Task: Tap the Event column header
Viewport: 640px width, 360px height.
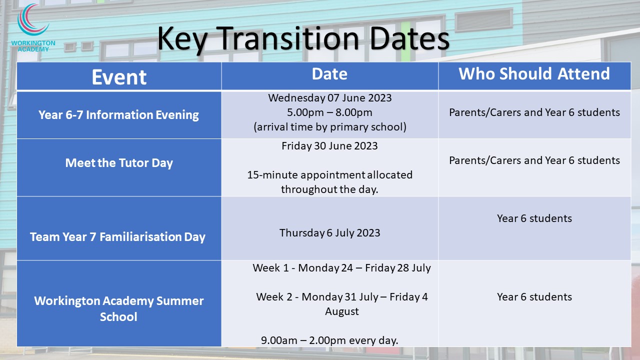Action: [119, 77]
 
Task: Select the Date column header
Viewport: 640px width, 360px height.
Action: [329, 74]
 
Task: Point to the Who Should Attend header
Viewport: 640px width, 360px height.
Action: [534, 73]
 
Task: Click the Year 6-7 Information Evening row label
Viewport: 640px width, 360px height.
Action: [118, 115]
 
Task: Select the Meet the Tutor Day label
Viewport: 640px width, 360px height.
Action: [119, 163]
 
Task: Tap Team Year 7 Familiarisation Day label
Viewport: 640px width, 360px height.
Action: [117, 237]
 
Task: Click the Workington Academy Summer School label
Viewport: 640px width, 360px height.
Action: [119, 308]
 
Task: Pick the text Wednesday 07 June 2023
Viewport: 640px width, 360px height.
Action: [329, 98]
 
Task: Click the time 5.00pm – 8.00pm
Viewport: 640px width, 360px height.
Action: [329, 112]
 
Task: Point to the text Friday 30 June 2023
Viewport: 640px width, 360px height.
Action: [329, 146]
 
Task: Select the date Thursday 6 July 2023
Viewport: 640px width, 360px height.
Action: [329, 233]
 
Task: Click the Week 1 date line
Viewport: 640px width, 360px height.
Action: [341, 268]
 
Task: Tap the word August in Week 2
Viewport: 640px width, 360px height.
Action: [341, 311]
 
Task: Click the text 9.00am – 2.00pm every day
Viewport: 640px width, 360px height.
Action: [329, 340]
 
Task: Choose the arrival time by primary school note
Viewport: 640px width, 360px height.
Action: [330, 127]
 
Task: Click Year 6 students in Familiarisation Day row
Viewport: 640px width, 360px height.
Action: [534, 218]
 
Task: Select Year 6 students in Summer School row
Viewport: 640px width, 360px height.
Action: [534, 297]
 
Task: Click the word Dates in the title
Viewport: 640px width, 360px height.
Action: [409, 38]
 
